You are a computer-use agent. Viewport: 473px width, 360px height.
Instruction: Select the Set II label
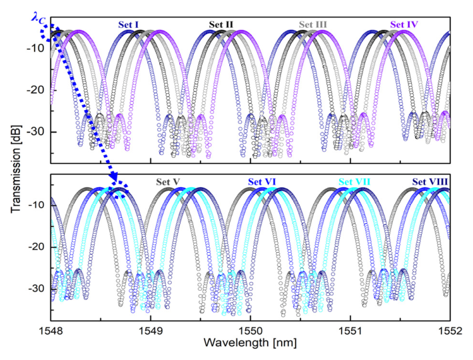click(221, 25)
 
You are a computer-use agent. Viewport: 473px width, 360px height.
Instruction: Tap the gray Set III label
click(312, 25)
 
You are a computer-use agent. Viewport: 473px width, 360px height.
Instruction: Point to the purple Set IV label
click(404, 25)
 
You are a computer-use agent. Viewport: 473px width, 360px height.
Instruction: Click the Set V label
click(168, 181)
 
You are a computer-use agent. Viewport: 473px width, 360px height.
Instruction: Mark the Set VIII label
click(430, 181)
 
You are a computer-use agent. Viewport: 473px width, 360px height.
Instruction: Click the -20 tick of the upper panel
click(35, 89)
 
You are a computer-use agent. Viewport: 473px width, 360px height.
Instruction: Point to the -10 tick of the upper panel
click(35, 47)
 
